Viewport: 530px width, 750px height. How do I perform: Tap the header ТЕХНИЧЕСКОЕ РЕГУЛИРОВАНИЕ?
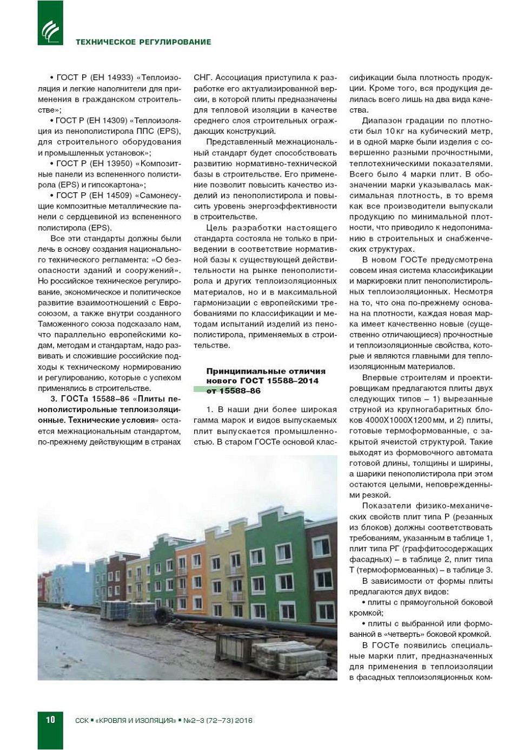click(x=143, y=42)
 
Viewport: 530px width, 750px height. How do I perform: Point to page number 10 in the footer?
click(x=50, y=720)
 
